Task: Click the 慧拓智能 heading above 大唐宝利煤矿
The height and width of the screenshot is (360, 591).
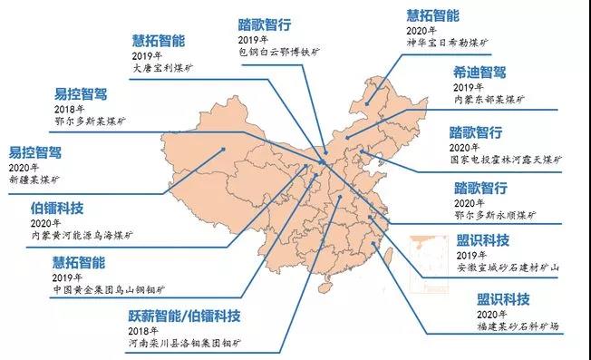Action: coord(159,39)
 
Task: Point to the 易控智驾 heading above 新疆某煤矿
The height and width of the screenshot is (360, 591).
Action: coord(35,152)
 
